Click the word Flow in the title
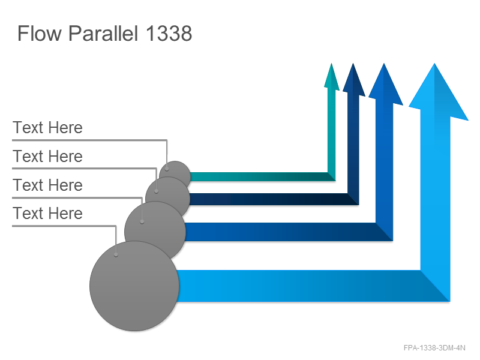click(40, 33)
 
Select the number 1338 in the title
click(169, 33)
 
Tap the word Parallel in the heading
click(103, 33)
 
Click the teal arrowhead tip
click(331, 64)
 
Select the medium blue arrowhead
click(385, 84)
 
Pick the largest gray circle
click(134, 286)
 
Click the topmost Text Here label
click(48, 127)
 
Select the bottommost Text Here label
click(48, 213)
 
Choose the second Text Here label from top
click(48, 156)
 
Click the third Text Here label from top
click(48, 185)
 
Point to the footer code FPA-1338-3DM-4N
click(434, 348)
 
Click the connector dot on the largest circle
click(116, 254)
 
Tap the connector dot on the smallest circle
click(167, 169)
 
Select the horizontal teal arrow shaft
click(259, 176)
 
